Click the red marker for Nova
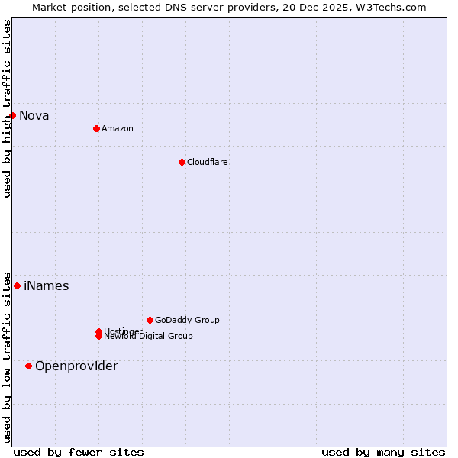pos(13,115)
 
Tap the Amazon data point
pos(96,128)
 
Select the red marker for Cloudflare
pos(182,162)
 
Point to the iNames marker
pos(17,285)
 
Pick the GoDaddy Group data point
pos(150,320)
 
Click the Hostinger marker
pos(98,331)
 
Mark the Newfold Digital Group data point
pos(99,337)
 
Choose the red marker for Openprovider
pos(29,366)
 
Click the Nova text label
pos(34,116)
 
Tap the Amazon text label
pos(118,128)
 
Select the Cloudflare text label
pos(208,162)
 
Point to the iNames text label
pos(47,286)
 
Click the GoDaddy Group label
pos(187,320)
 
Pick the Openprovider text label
pos(76,366)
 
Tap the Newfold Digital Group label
pos(150,337)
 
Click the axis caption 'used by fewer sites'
pos(79,453)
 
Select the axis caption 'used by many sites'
pos(383,453)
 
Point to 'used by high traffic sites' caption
pos(7,108)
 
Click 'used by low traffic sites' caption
pos(7,356)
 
